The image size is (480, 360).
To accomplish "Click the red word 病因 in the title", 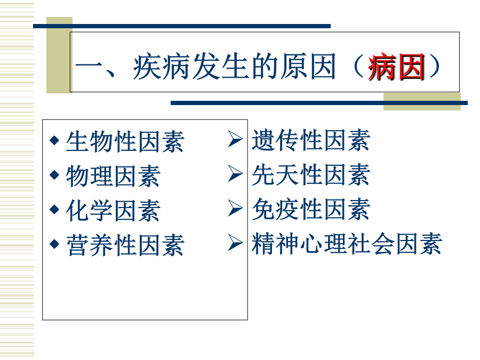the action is click(x=396, y=67).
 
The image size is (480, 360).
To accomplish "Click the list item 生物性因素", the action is click(x=125, y=141).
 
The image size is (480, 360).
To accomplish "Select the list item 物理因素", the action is click(x=113, y=176).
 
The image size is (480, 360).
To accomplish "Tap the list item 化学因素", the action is click(x=113, y=211).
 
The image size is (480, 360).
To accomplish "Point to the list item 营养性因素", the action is click(x=125, y=245).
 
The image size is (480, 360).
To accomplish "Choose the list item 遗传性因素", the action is click(x=311, y=140).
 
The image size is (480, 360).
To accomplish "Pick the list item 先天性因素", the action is click(x=311, y=174).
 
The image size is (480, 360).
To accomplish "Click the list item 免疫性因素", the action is click(x=311, y=209).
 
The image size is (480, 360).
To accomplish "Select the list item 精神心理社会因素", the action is click(x=347, y=244).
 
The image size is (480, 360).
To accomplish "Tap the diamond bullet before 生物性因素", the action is click(x=54, y=140).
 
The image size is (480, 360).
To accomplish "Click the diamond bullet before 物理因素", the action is click(x=54, y=175).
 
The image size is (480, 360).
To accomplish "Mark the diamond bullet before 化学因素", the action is click(x=54, y=210).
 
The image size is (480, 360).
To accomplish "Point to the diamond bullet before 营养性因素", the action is click(x=54, y=244).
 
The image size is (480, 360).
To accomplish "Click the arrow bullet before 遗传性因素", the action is click(x=235, y=139).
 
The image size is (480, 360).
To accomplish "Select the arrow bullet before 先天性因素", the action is click(x=235, y=173).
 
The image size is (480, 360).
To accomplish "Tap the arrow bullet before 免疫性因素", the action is click(x=235, y=208).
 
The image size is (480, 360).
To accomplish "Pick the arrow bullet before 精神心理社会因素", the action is click(x=235, y=243).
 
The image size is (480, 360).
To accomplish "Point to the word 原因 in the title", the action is click(x=308, y=67).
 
